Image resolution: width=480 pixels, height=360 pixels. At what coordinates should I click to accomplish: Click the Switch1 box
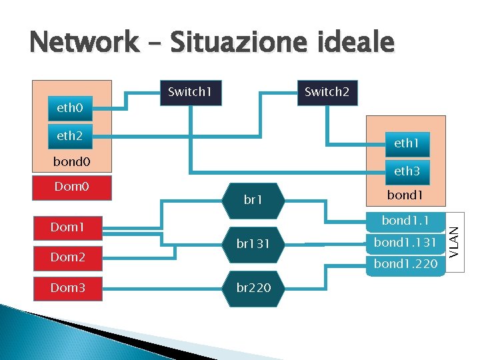[190, 92]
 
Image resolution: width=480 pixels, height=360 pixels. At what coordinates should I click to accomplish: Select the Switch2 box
[327, 92]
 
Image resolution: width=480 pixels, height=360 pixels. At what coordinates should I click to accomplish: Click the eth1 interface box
[406, 143]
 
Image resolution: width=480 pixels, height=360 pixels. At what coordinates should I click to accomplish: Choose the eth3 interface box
[406, 171]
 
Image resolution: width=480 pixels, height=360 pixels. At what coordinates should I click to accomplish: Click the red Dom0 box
[71, 187]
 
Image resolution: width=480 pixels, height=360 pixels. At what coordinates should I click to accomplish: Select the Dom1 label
[67, 227]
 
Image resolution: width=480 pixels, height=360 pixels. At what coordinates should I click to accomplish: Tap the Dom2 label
[67, 257]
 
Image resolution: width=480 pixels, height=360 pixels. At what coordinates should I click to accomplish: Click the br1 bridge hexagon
[253, 199]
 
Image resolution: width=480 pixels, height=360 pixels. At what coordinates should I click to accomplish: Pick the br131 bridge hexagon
[253, 244]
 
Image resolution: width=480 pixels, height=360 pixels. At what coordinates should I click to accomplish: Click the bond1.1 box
[405, 221]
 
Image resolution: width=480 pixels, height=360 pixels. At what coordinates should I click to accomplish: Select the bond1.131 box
[405, 242]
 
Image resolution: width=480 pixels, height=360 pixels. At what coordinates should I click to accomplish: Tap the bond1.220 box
[405, 264]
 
